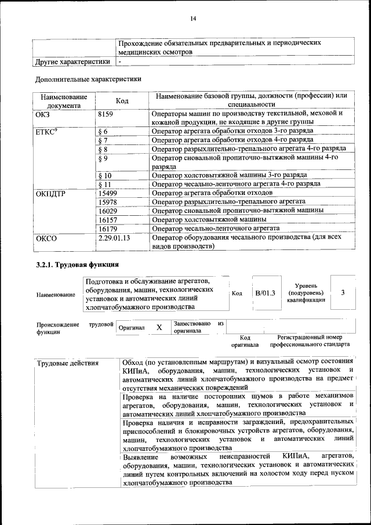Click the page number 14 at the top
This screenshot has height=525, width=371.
(x=194, y=19)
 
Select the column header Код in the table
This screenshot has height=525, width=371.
(x=122, y=101)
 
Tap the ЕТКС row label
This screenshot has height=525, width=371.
(x=47, y=132)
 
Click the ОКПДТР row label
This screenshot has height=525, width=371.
(x=50, y=193)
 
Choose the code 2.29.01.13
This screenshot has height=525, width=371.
(x=114, y=238)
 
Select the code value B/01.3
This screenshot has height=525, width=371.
(x=266, y=294)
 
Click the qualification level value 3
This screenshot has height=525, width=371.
(x=343, y=292)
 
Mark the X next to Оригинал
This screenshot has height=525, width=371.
(x=159, y=328)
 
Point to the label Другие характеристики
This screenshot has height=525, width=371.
(x=72, y=61)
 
